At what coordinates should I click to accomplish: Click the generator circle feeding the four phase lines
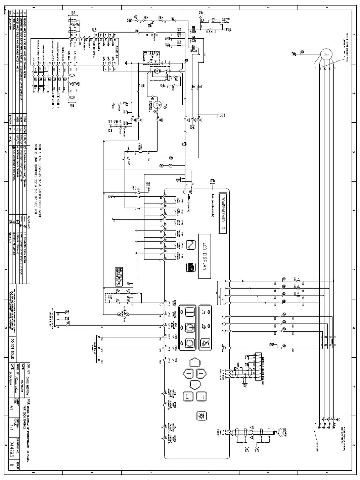pos(325,54)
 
